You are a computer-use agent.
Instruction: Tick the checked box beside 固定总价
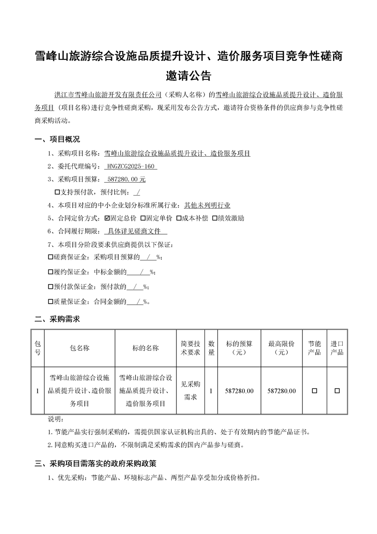107,218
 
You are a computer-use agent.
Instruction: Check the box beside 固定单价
143,218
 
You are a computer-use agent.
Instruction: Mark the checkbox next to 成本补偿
179,218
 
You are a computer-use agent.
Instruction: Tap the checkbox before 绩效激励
215,218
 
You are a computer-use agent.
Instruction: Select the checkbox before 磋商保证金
51,257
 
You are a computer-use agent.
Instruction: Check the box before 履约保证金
51,272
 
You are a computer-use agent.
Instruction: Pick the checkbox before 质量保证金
51,302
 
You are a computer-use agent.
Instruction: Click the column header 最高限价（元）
281,348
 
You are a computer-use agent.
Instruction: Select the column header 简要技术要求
190,348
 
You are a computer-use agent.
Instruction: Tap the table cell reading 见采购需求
190,391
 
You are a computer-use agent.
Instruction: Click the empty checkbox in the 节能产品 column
314,391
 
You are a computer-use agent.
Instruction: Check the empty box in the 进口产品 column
337,391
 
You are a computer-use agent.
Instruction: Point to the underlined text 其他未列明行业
207,205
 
